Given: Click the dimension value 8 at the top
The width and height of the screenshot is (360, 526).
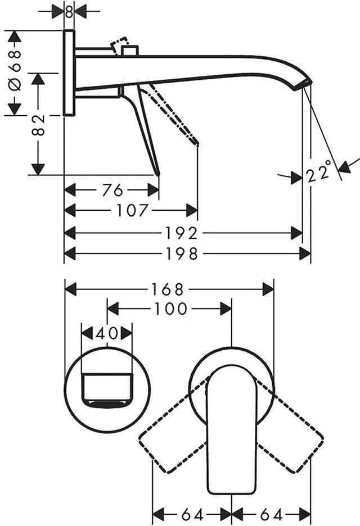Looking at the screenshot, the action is (69, 12).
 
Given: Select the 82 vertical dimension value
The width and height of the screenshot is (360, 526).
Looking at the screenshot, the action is (38, 125).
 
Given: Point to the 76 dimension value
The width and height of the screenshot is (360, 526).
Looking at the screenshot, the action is (112, 191).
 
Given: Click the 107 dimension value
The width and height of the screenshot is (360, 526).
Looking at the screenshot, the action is (132, 211).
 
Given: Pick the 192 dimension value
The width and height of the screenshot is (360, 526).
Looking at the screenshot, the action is (181, 233).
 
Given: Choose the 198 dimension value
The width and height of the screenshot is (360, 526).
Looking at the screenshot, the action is (182, 254).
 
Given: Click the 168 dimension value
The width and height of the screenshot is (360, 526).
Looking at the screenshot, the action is (168, 289).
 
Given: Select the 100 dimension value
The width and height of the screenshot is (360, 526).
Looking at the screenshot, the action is (170, 309).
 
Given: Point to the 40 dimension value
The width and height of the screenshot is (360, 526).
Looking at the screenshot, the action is (107, 333).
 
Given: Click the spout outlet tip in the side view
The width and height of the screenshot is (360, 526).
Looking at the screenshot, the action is (304, 85).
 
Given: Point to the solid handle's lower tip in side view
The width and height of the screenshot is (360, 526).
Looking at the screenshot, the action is (157, 174).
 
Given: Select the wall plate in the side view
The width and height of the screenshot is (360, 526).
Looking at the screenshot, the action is (69, 73).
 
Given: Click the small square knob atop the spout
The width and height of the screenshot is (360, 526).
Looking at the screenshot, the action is (130, 51).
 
